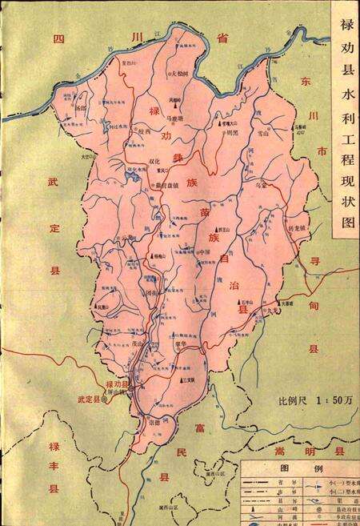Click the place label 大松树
click(183, 74)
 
